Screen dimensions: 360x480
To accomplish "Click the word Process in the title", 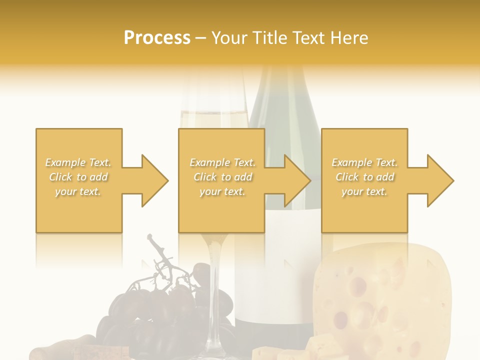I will click(157, 38).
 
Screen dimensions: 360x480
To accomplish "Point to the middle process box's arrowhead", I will click(297, 180).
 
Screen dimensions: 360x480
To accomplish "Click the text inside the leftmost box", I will click(78, 177).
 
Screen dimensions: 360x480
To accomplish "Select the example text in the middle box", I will click(222, 177).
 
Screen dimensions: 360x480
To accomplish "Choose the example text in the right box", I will click(364, 177).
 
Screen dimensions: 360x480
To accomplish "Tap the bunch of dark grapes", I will click(150, 310).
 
